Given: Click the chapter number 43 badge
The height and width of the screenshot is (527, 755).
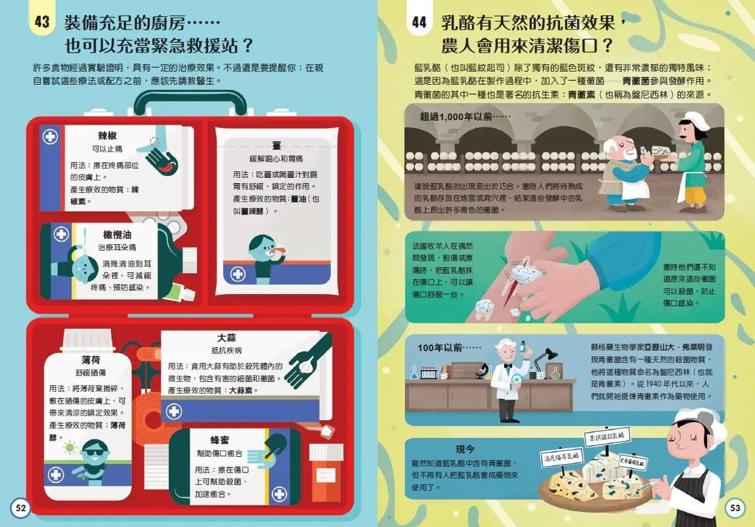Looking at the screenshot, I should (x=42, y=22).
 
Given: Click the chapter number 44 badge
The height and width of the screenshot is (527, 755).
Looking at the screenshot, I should (x=419, y=22).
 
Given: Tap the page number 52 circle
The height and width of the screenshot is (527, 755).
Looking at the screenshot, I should (x=20, y=507).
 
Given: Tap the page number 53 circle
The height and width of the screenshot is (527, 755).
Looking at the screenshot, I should (x=735, y=507).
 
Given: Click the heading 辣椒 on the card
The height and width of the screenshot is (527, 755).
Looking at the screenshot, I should (x=107, y=136).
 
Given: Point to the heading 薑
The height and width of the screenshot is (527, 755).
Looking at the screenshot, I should (x=276, y=146).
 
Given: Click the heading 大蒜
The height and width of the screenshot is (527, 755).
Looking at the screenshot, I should (x=226, y=338).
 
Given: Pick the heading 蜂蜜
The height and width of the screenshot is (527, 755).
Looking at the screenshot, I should (x=219, y=440).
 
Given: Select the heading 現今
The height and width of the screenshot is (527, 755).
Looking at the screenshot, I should (x=465, y=450).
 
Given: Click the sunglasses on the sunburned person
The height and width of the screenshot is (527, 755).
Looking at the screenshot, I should (x=94, y=452).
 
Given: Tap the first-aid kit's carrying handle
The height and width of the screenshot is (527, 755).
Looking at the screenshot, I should (x=190, y=103).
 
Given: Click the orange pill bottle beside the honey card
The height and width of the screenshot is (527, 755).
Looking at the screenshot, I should (x=326, y=473).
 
